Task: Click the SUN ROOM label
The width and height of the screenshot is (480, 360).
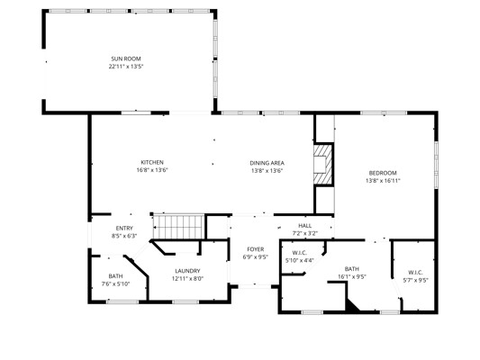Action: pos(126,58)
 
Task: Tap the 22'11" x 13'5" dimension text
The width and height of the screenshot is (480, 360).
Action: pos(126,67)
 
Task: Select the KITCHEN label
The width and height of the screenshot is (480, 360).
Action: pos(152,162)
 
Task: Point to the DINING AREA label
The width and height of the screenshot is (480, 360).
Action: pos(267,163)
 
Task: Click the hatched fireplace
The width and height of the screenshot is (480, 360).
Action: pos(323,164)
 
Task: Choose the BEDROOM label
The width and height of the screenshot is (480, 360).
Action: pos(383,173)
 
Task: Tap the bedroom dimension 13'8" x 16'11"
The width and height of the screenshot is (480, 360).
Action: pos(383,181)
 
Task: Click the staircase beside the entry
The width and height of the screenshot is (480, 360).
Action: pos(179,227)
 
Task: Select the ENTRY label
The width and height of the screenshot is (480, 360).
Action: pos(124,229)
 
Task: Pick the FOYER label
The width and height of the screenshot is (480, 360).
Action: pos(255,249)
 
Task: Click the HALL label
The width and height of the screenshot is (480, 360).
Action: pos(305,226)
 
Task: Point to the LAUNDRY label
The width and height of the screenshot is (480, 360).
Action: pos(187,271)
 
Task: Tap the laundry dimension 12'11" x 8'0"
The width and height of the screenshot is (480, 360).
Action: pos(187,279)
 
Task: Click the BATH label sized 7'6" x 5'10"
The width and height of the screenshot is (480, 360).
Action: pos(115,276)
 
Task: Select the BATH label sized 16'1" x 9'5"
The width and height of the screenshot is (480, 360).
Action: pos(352,269)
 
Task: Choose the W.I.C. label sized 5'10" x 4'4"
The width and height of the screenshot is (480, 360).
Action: pos(299,253)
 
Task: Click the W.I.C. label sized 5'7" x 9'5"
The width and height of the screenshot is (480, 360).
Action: pos(415,273)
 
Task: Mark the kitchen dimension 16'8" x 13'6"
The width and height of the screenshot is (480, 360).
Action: pos(152,170)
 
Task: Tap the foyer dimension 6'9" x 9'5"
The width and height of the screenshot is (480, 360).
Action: pos(255,257)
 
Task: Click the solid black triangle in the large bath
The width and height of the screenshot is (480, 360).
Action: pos(351,307)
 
